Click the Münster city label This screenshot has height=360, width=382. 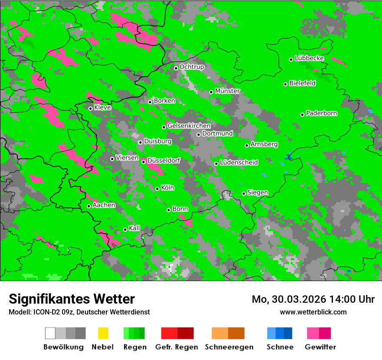coord(227,91)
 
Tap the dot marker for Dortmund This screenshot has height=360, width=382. coord(198,134)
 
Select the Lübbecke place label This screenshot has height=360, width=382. coord(310,58)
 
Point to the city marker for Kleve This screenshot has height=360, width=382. coord(90,108)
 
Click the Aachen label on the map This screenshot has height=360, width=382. coord(104,205)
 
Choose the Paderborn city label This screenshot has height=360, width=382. coord(322,113)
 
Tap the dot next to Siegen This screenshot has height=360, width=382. coord(244,193)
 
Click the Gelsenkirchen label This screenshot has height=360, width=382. coord(189,126)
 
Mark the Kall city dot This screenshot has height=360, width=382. coord(125,229)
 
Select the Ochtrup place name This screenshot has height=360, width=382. coord(192,67)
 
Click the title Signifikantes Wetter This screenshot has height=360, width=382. coord(72,299)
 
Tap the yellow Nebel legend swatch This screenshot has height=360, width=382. coord(103,333)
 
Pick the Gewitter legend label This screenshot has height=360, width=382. coord(320,347)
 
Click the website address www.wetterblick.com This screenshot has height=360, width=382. coord(313,312)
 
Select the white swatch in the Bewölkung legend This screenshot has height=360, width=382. coord(50,333)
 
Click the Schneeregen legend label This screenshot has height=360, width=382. coord(229,347)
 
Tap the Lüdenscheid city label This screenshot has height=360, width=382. coord(239,163)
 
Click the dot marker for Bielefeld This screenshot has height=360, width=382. coord(285,84)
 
